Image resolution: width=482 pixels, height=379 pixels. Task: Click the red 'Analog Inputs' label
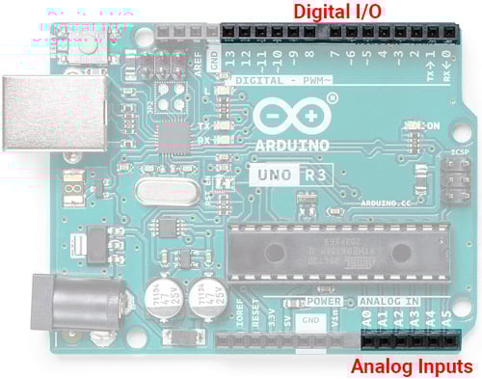[x=411, y=366]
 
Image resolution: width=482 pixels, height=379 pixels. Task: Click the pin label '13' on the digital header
[x=229, y=58]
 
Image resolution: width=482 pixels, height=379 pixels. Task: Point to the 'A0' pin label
[x=367, y=315]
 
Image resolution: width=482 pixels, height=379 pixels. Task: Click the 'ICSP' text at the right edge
[x=460, y=152]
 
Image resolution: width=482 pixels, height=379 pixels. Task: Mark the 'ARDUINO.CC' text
[x=386, y=204]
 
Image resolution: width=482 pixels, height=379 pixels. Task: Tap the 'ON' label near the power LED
[x=433, y=125]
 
